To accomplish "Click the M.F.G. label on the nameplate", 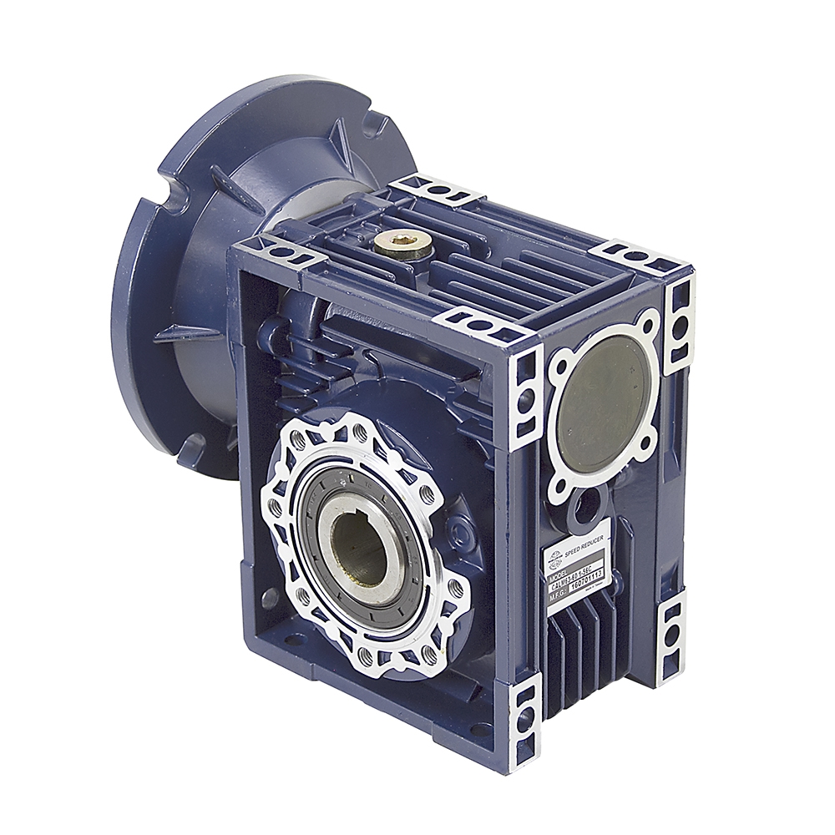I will pos(559,595).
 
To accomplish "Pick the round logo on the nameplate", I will pos(554,561).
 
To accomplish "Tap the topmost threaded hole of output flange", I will pos(361,433).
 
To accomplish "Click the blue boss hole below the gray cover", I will pos(590,503).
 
